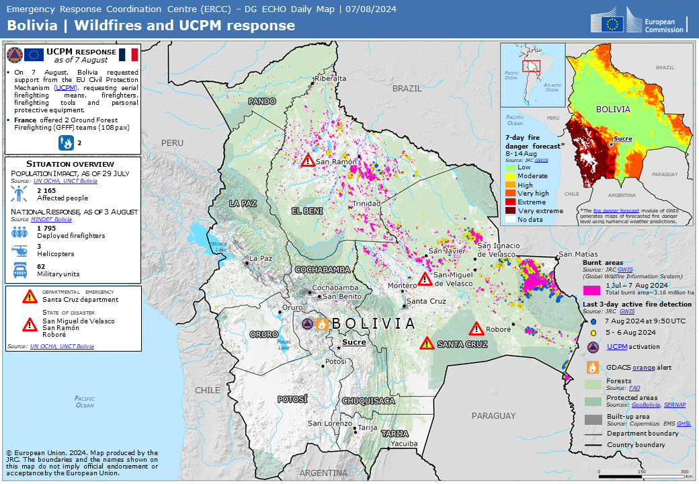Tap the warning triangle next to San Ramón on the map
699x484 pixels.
(307, 161)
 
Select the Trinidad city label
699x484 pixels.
(364, 204)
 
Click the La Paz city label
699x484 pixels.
(261, 258)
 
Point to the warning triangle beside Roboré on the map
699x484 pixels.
(477, 329)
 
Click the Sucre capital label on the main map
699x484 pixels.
(354, 342)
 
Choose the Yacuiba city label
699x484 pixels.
(404, 444)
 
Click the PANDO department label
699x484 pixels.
(263, 101)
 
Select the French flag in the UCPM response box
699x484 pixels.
(128, 55)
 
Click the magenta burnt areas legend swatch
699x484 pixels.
(591, 290)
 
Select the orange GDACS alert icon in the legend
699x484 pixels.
(592, 368)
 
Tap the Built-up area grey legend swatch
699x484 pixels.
(592, 419)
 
